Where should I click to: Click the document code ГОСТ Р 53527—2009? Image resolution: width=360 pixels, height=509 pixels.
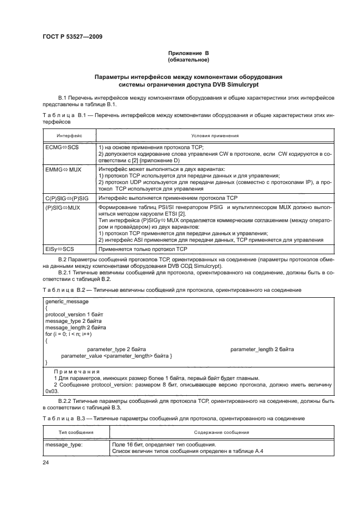[x=72, y=36]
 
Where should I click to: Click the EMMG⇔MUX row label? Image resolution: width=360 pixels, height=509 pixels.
[x=63, y=169]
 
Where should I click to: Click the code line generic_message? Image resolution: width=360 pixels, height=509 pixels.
[x=67, y=301]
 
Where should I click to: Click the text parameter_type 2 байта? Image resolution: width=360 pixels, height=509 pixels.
[x=116, y=348]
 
